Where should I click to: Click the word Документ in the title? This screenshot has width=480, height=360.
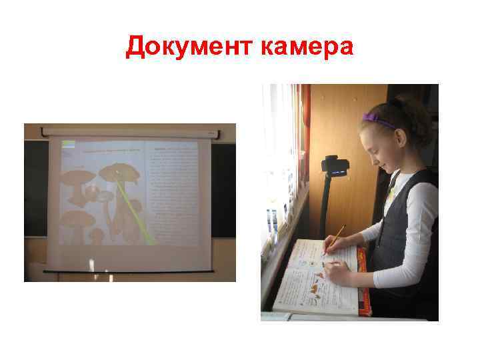[185, 47]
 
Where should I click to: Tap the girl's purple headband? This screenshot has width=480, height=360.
[378, 121]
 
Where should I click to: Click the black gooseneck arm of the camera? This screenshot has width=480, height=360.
[326, 200]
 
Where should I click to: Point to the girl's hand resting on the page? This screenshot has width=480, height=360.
[337, 273]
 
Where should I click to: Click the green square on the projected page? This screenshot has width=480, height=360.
[68, 145]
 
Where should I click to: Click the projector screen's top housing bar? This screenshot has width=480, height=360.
[129, 131]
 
